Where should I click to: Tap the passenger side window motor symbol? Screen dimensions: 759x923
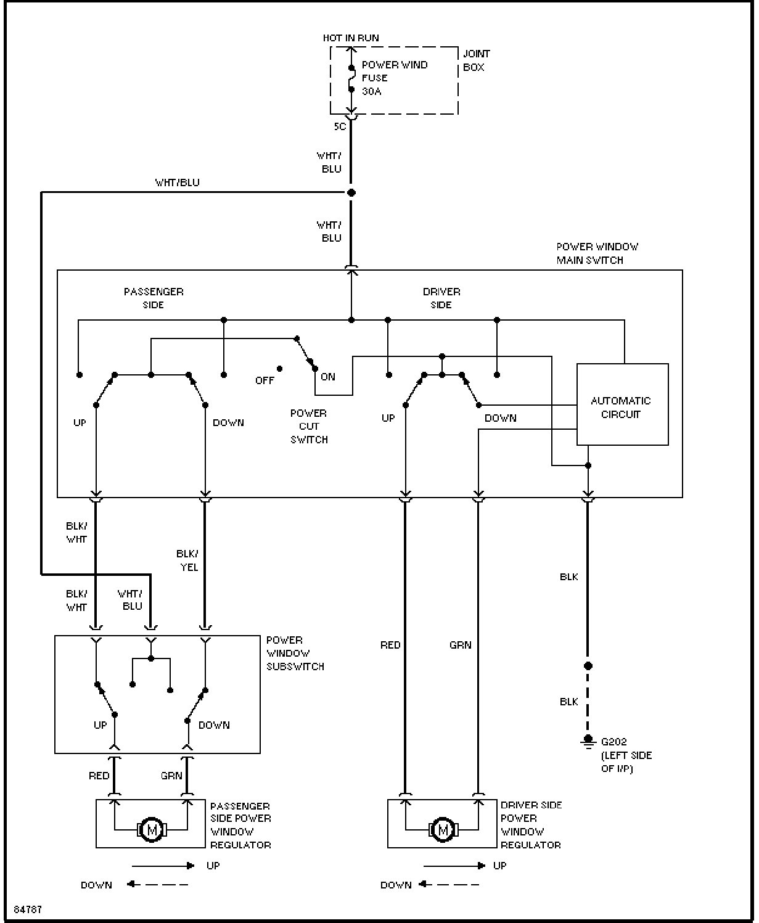coord(152,829)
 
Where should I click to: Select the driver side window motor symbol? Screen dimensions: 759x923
coord(443,829)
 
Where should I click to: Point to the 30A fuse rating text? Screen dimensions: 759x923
coord(371,91)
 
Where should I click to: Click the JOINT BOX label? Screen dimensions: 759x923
coord(476,60)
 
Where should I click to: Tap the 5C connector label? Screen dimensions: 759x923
coord(340,126)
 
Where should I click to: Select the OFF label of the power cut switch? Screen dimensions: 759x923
coord(265,380)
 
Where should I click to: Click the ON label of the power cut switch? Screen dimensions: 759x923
coord(328,376)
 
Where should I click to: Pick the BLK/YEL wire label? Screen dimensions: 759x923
coord(188,560)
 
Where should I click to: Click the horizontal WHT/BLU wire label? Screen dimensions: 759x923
coord(178,183)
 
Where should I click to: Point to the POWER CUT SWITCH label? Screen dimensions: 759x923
coord(309,426)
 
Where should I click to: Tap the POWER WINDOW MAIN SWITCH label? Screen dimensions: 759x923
coord(597,253)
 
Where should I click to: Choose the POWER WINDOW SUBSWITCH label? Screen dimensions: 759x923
coord(295,653)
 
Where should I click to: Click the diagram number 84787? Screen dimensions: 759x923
coord(28,909)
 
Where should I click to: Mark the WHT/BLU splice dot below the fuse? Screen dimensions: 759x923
coord(351,192)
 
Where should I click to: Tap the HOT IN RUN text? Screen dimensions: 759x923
coord(351,38)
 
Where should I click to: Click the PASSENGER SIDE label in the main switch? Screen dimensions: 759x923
coord(154,298)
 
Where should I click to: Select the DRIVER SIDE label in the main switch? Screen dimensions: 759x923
coord(441,298)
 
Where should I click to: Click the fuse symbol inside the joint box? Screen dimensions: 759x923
coord(351,79)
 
